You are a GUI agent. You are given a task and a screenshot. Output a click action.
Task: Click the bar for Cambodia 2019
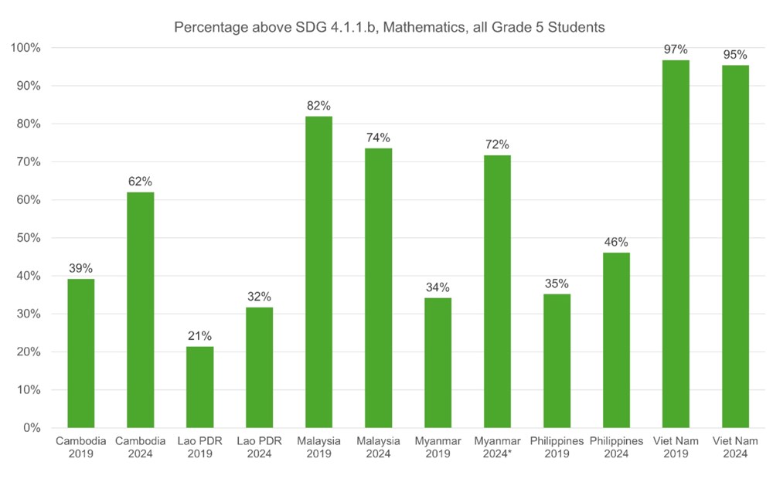(x=80, y=353)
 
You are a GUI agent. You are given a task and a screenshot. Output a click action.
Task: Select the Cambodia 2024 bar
(x=140, y=310)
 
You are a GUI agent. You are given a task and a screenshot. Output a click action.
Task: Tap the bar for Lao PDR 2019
(x=199, y=387)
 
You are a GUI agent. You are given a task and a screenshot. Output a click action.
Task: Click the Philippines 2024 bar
(x=616, y=340)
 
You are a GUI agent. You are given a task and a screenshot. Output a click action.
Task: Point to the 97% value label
(x=676, y=49)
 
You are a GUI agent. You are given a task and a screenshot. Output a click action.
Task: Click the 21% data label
(x=199, y=336)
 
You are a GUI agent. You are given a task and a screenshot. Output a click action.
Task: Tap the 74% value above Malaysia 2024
(x=378, y=138)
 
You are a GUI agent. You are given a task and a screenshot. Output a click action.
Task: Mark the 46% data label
(x=616, y=242)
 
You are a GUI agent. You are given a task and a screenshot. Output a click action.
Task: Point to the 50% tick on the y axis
(x=29, y=238)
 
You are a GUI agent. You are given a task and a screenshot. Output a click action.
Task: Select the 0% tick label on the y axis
(x=32, y=428)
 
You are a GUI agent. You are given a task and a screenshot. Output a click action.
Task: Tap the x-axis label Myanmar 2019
(x=438, y=447)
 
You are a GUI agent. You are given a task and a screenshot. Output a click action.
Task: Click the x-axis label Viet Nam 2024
(x=735, y=447)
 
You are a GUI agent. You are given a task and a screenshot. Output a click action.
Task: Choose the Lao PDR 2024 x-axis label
(x=259, y=447)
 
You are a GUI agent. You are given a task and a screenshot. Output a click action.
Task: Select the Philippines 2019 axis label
(x=557, y=447)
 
